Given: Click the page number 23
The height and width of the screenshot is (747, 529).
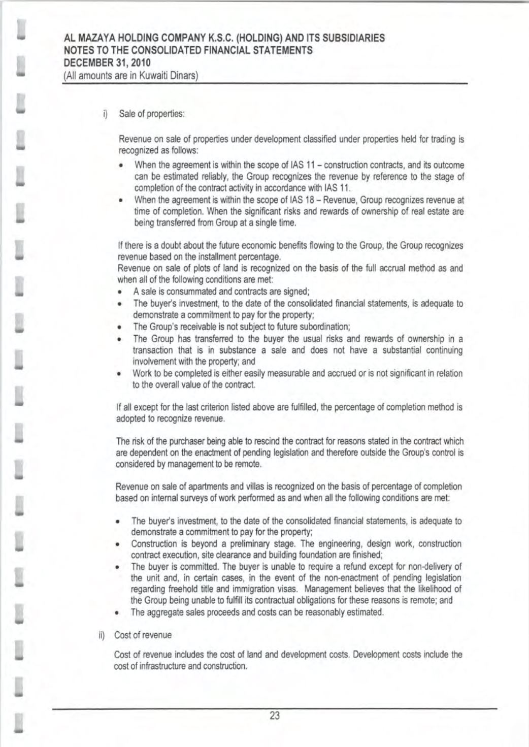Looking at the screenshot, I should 275,716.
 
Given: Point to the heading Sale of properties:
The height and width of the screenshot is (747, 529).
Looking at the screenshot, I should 151,113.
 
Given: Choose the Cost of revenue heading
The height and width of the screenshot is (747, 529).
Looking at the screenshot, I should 143,635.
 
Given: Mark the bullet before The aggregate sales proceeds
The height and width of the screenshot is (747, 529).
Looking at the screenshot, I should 117,613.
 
